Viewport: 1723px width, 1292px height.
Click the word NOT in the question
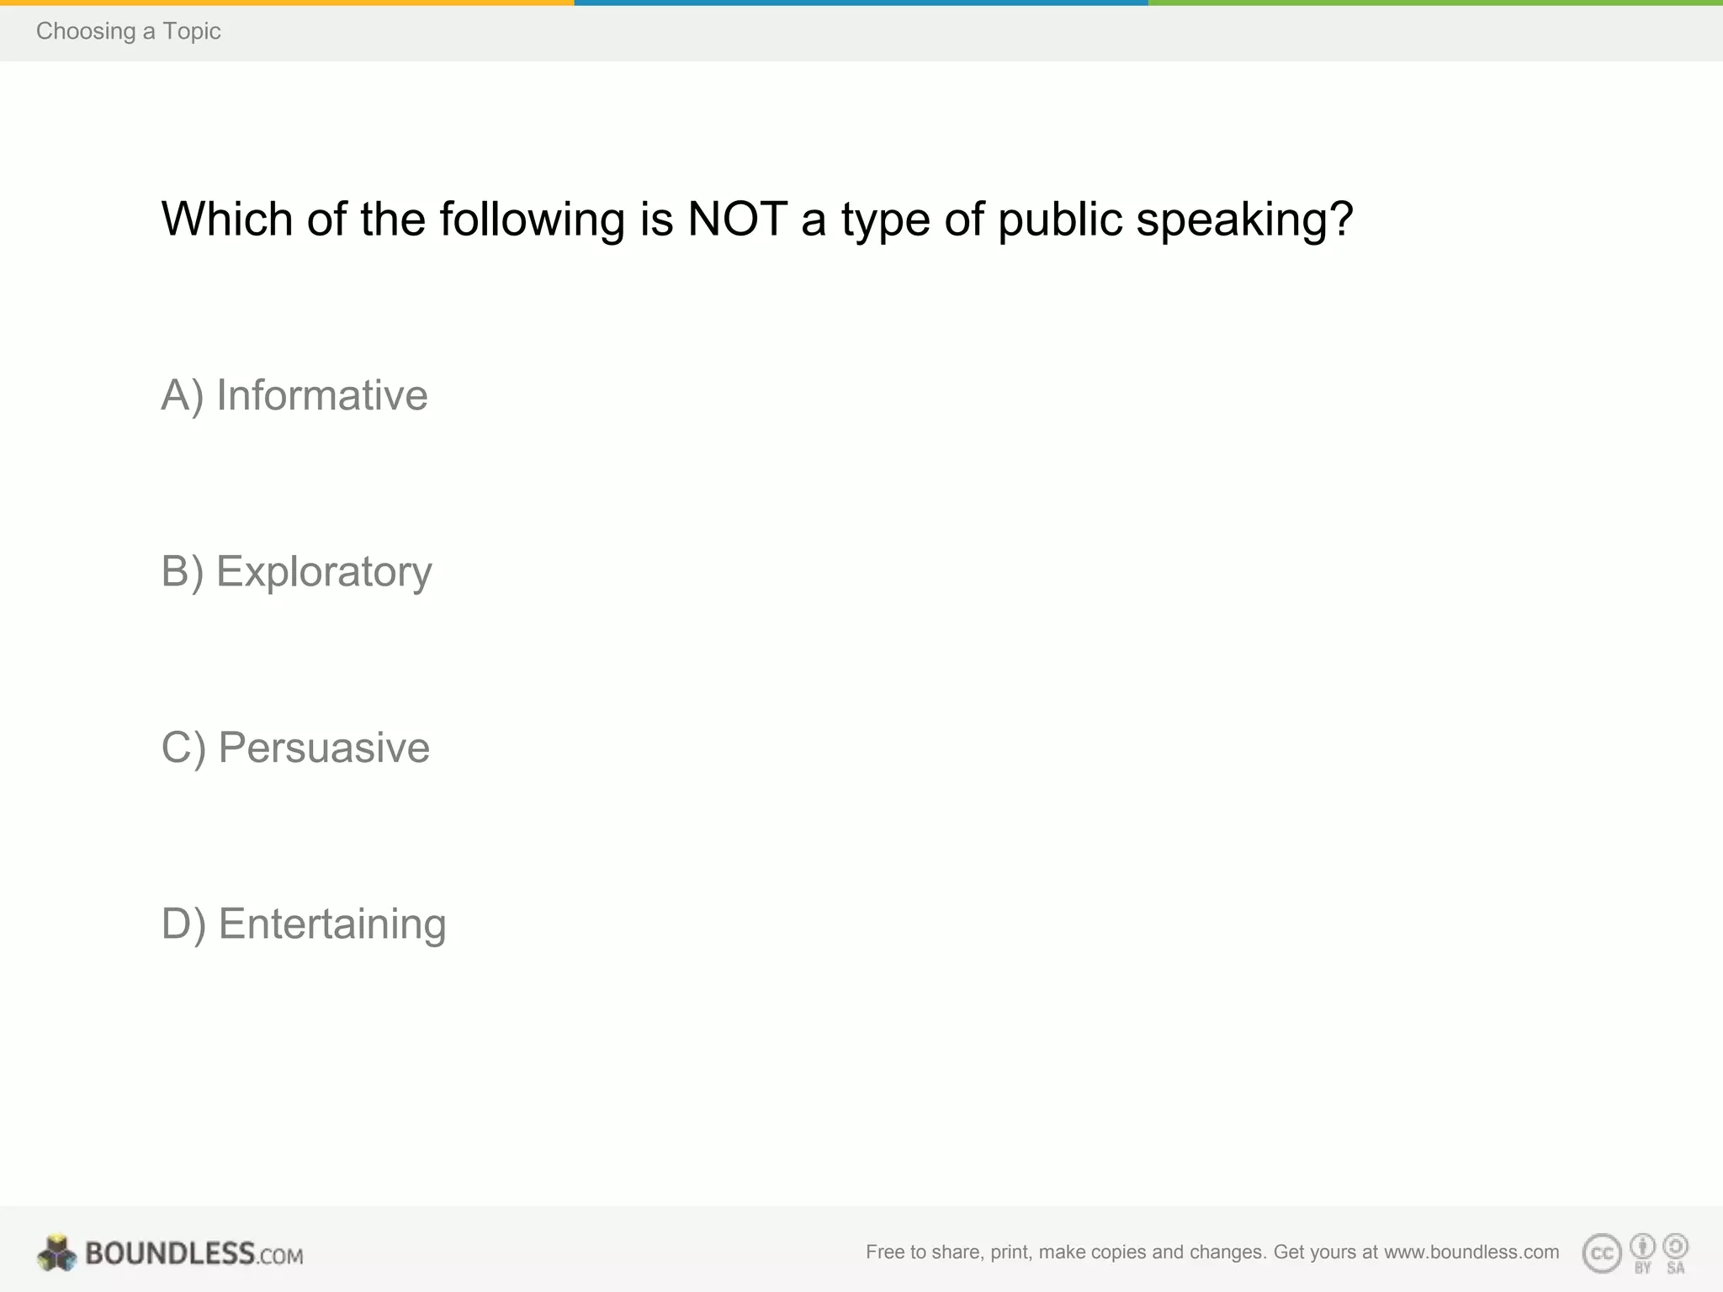tap(737, 220)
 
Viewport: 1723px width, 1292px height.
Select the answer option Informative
tap(294, 395)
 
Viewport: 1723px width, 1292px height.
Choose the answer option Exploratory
tap(296, 572)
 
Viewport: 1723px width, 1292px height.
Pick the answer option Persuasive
tap(295, 748)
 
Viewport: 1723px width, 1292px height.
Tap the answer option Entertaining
tap(303, 924)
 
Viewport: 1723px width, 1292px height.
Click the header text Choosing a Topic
tap(128, 31)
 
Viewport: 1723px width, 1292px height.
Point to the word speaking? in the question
tap(1244, 220)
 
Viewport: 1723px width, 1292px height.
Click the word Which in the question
tap(226, 220)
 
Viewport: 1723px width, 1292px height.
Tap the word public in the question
tap(1060, 220)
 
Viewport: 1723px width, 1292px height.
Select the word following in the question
tap(532, 220)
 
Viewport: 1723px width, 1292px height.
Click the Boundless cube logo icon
tap(56, 1253)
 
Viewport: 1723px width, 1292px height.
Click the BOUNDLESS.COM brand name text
tap(194, 1254)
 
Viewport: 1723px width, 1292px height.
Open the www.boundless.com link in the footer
tap(1471, 1252)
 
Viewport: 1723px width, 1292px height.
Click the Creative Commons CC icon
tap(1601, 1253)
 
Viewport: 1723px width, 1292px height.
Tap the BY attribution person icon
tap(1642, 1246)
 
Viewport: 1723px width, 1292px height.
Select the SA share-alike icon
tap(1676, 1246)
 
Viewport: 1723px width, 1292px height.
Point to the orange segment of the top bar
tap(286, 3)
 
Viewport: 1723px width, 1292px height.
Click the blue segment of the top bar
tap(861, 3)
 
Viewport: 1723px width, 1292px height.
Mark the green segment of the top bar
tap(1435, 3)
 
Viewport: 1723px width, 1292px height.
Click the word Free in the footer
tap(884, 1252)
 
